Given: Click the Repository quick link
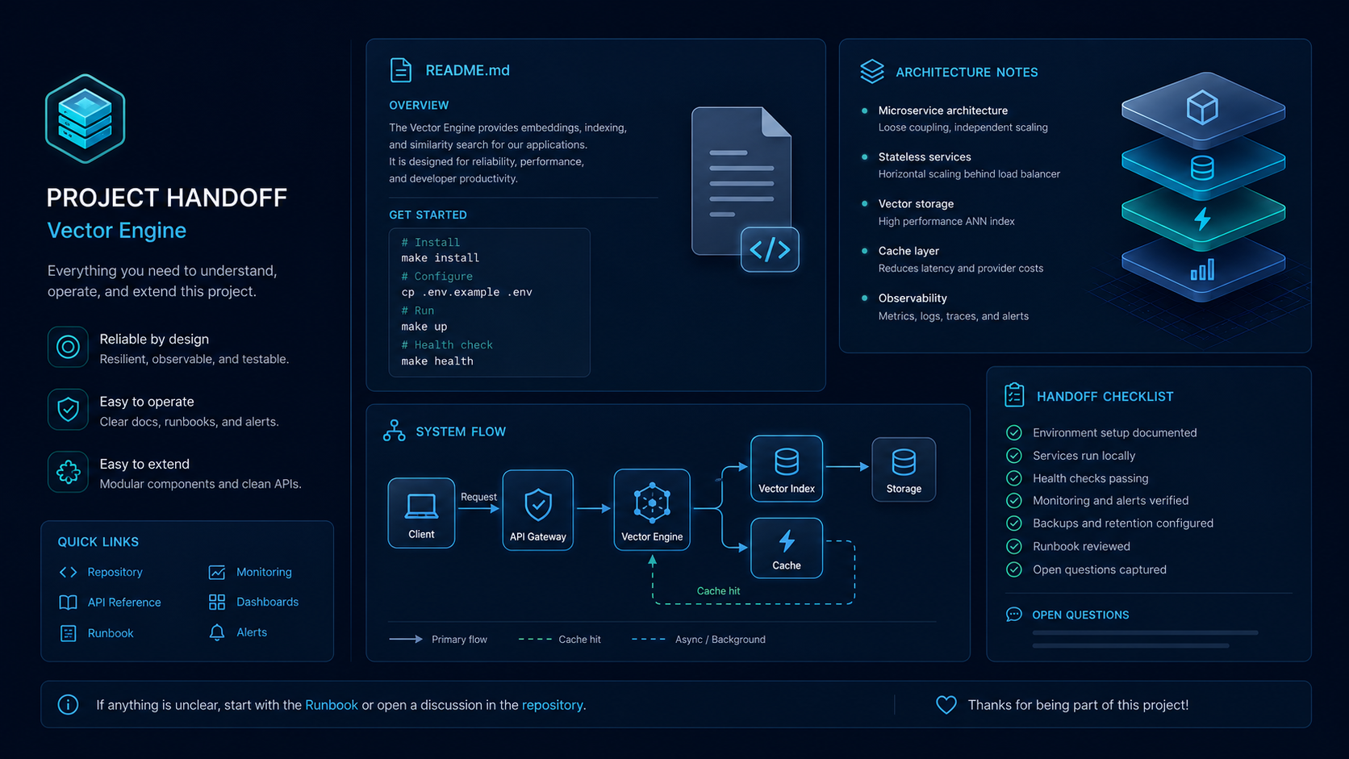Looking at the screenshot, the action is point(115,572).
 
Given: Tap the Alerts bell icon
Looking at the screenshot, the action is point(217,632).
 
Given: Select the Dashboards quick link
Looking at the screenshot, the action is point(267,602).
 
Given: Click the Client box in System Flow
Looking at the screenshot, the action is point(421,513).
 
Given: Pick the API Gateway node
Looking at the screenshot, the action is point(538,510).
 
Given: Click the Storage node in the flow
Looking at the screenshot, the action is point(904,469).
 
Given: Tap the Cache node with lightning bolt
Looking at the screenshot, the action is point(787,548).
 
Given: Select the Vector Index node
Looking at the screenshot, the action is point(787,469).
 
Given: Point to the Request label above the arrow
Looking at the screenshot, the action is point(478,497).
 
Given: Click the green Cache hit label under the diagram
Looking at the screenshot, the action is point(718,591).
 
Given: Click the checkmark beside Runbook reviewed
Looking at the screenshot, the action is point(1013,547).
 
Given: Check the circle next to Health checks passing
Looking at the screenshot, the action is point(1013,478).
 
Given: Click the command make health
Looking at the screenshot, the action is point(437,361).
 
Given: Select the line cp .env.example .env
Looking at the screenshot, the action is point(466,292).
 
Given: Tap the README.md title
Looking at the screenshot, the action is point(467,70).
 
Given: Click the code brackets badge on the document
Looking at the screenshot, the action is point(770,249).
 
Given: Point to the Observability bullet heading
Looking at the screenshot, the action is point(913,298).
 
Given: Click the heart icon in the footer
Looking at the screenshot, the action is point(946,705).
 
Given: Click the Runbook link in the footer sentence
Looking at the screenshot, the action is point(332,705).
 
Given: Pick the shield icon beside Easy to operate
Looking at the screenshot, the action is point(68,409).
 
